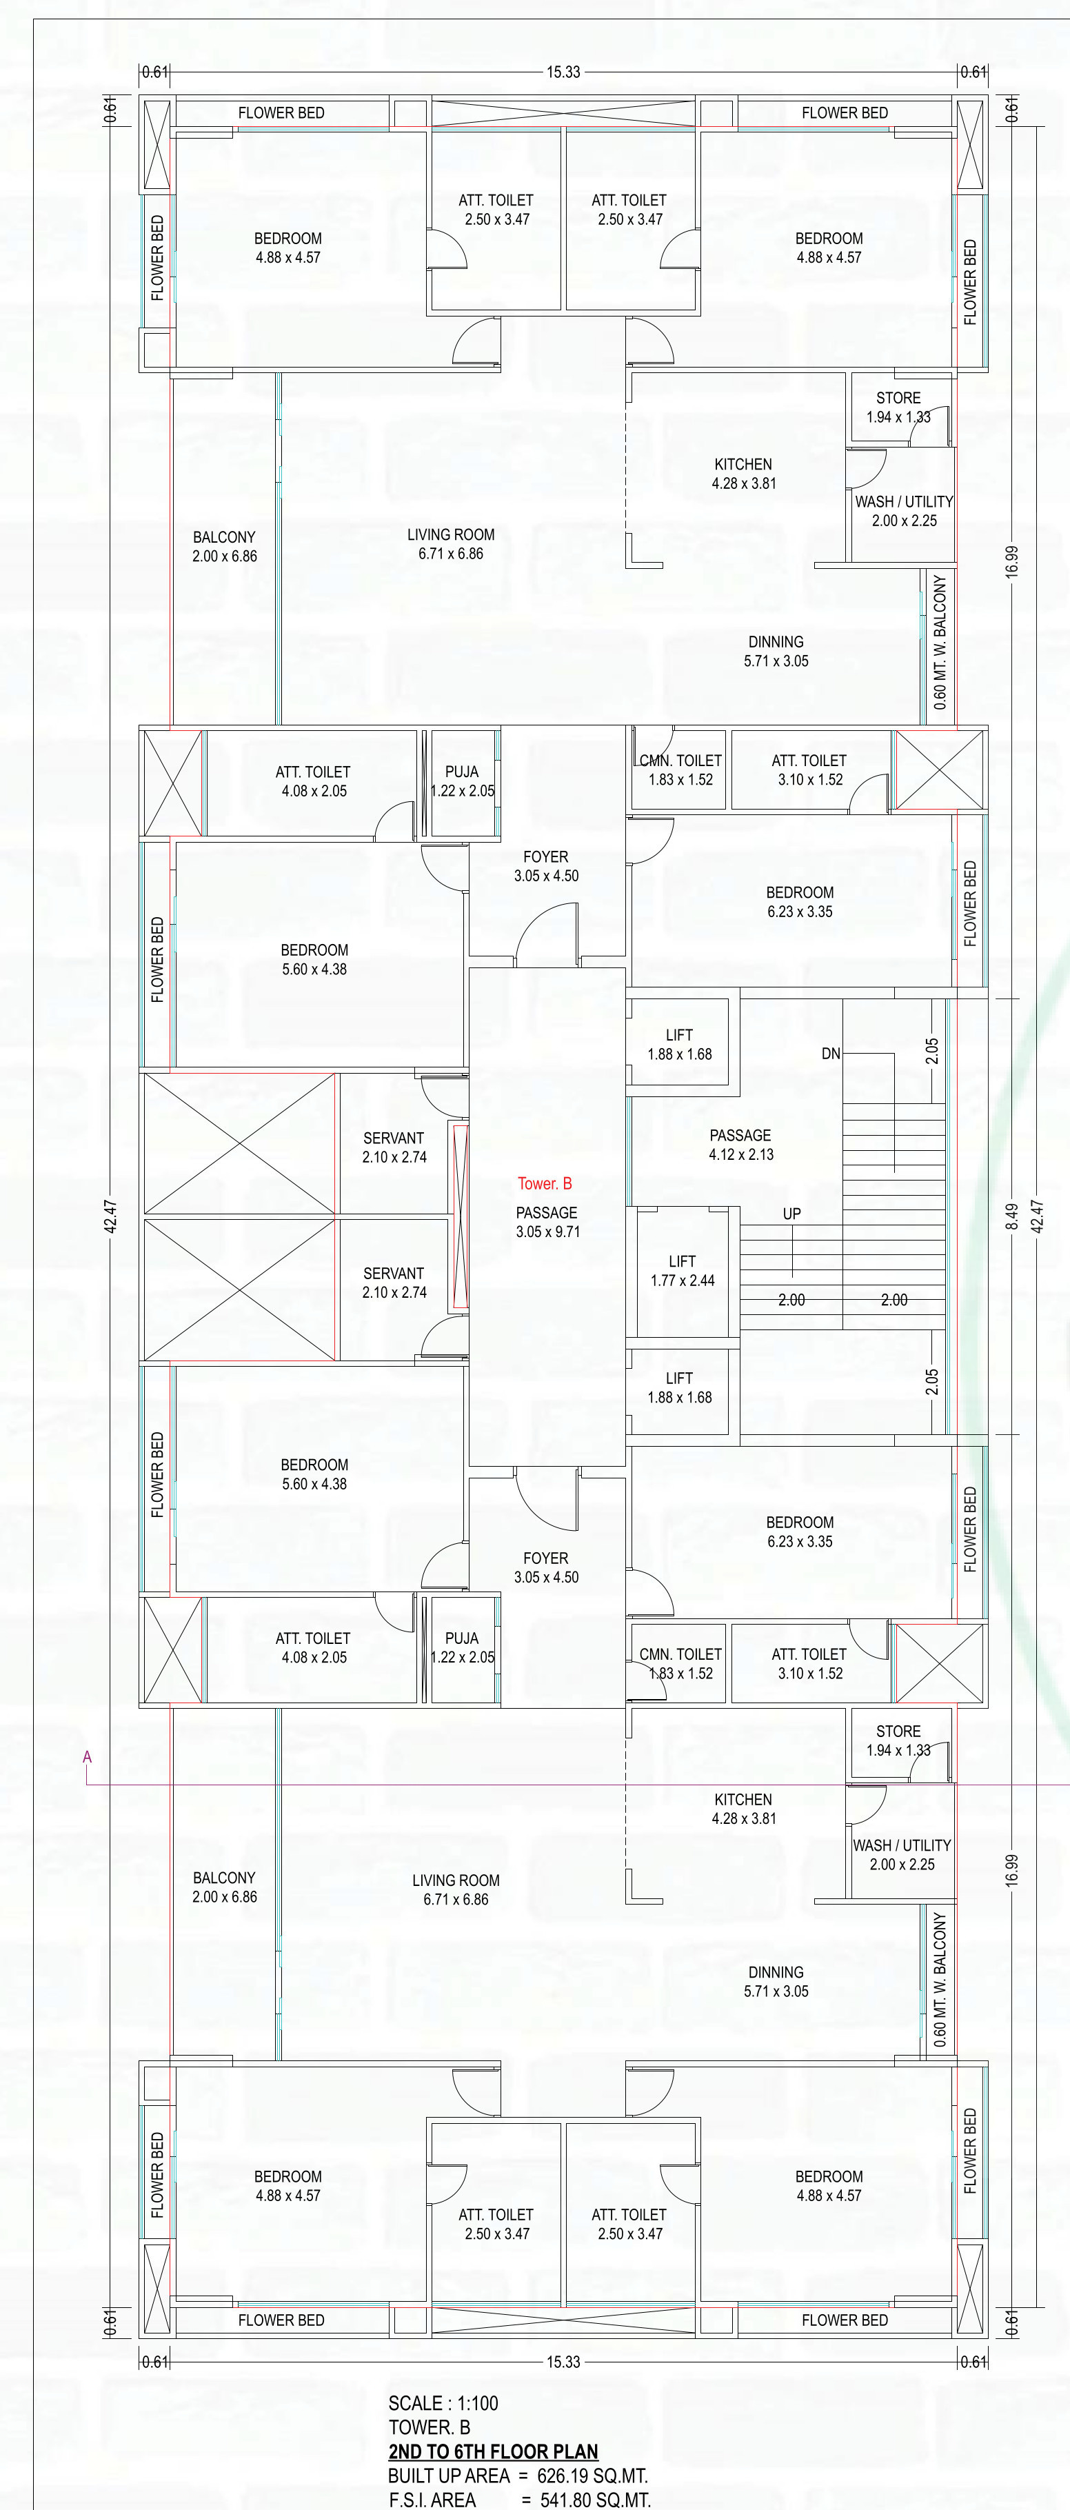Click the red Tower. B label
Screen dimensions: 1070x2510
545,1184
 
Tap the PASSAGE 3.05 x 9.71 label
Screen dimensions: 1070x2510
547,1222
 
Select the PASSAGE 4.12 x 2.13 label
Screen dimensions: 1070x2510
740,1145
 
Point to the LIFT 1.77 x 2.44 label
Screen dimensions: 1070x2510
682,1271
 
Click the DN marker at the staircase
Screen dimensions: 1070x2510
830,1054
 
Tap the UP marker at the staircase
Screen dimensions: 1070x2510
791,1214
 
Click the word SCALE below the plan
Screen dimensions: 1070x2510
416,2403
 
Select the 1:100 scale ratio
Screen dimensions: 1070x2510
478,2403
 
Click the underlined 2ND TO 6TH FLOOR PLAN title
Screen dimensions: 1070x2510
493,2451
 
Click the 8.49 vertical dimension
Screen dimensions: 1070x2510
1011,1216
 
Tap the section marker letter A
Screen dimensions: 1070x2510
87,1758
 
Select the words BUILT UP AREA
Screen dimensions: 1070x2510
448,2476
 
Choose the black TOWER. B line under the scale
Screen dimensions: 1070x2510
429,2427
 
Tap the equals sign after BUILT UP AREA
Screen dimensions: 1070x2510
524,2477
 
